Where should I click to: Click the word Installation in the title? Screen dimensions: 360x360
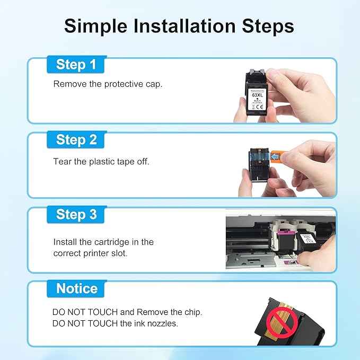coord(185,26)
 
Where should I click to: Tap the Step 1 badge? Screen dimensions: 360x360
coord(76,65)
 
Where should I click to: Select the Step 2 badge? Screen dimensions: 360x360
coord(76,139)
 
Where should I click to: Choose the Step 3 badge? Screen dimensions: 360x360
coord(76,215)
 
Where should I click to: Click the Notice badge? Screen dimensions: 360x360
coord(76,288)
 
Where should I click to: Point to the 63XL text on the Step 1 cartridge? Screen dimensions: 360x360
coord(257,95)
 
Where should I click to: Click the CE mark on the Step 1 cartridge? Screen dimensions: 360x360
coord(260,107)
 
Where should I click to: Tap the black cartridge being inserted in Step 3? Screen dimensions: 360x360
coord(308,243)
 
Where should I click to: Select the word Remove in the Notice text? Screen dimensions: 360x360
coord(153,312)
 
